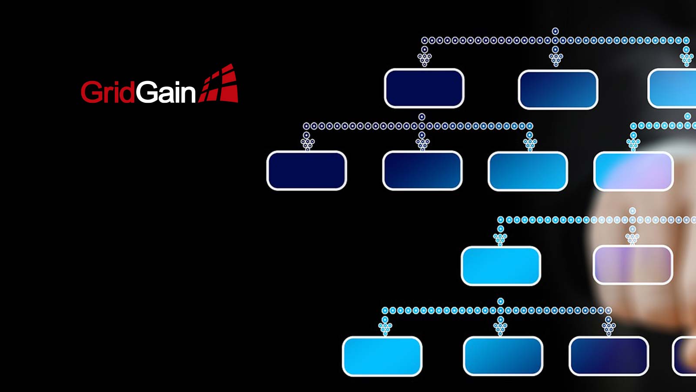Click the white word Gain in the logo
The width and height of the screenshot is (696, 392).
pos(166,92)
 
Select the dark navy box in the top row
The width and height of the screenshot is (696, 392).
pos(424,88)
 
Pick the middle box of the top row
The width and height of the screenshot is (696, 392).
pos(558,89)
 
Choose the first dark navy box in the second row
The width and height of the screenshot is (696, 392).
pos(307,170)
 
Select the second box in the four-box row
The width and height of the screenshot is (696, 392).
pos(422,170)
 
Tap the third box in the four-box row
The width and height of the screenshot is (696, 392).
pos(528,171)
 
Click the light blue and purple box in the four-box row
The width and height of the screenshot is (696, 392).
pos(633,171)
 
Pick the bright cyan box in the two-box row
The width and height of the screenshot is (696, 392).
pos(501,266)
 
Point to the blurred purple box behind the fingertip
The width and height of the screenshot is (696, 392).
pos(633,265)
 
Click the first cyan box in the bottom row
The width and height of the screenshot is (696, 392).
pos(382,356)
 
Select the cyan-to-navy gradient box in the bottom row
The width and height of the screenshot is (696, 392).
pos(503,356)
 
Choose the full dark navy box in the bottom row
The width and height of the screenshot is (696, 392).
pos(609,356)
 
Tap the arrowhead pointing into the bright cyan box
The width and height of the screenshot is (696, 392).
pos(500,239)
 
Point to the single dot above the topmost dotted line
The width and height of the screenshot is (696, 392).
pos(555,31)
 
